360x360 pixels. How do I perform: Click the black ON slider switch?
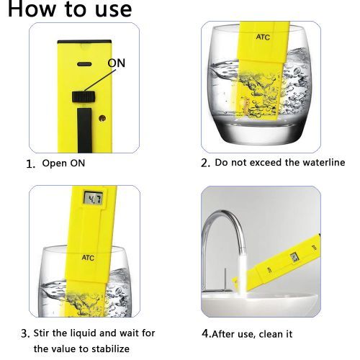[84, 96]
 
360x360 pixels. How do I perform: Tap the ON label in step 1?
[117, 63]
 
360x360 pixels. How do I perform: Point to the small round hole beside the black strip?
[102, 118]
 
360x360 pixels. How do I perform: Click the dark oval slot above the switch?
[84, 64]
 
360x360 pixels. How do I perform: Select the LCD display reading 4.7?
[94, 199]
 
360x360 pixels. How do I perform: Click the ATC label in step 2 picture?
[263, 37]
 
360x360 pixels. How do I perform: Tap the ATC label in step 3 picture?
[88, 258]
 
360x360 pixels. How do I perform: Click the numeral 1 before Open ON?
[30, 164]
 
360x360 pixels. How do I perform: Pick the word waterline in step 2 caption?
[324, 163]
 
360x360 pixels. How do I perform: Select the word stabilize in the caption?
[111, 348]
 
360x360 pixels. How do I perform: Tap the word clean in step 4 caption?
[271, 334]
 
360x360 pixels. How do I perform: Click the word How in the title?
[32, 9]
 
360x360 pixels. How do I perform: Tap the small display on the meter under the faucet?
[294, 257]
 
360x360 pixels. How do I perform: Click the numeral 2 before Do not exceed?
[205, 163]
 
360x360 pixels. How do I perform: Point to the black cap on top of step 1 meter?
[84, 42]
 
